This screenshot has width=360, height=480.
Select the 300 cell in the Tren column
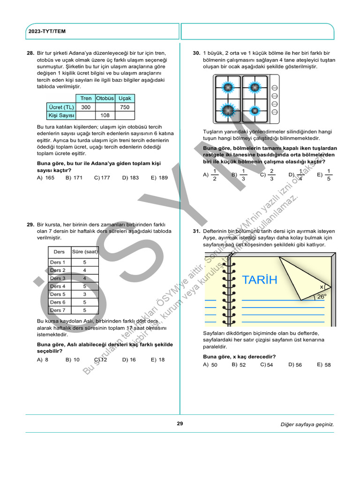[86, 107]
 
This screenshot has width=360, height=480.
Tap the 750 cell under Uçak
[125, 107]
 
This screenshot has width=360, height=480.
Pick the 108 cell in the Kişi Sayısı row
[105, 115]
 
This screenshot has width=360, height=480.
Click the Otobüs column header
[105, 98]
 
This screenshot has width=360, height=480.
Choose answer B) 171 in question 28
[74, 178]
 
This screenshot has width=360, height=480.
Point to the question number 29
[30, 225]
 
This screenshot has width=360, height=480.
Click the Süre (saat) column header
[84, 252]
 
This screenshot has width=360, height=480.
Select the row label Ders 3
[58, 278]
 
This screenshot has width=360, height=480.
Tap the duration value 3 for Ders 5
[84, 294]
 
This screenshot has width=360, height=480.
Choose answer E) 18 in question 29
[159, 360]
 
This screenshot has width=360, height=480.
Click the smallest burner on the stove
[255, 111]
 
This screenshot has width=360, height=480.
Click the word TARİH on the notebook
[260, 280]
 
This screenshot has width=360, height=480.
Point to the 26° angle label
[321, 296]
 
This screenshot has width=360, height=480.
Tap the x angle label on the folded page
[322, 286]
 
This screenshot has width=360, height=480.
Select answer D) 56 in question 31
[295, 365]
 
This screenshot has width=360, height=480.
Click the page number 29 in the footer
[180, 424]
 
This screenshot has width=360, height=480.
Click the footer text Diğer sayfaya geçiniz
[307, 424]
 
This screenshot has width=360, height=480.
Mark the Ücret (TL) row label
[61, 107]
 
